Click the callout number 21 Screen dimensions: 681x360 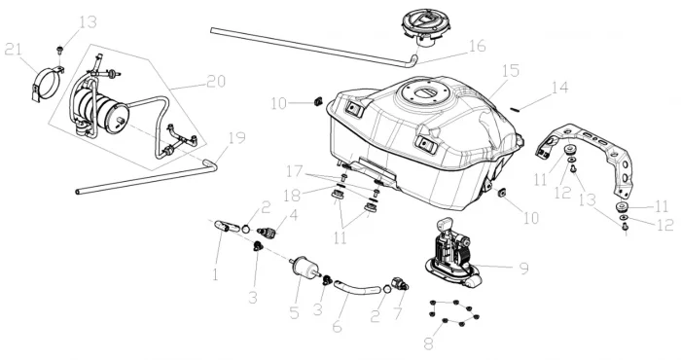click(13, 50)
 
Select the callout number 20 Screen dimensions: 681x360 click(216, 82)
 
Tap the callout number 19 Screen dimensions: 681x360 click(236, 138)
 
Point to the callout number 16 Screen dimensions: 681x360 click(477, 46)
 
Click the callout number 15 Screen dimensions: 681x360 click(510, 71)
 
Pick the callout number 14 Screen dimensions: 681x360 click(559, 89)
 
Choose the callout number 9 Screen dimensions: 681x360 click(524, 269)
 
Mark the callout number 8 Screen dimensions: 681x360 click(429, 343)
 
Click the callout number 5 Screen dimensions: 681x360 click(295, 312)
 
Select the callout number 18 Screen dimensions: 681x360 click(292, 196)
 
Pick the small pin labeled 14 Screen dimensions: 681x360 click(515, 109)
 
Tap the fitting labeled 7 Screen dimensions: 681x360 click(400, 283)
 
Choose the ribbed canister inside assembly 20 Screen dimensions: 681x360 click(101, 111)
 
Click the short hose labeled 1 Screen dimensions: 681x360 click(228, 226)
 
